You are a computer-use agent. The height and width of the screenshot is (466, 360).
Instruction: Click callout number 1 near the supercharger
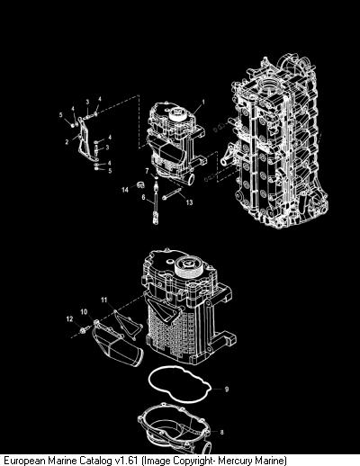tap(203, 102)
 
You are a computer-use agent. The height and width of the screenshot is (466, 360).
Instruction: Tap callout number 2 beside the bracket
tap(67, 141)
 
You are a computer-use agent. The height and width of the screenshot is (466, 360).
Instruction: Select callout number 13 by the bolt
tap(189, 202)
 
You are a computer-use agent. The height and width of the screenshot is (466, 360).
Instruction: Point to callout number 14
tap(125, 190)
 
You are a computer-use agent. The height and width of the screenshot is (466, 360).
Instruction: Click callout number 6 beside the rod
tap(143, 197)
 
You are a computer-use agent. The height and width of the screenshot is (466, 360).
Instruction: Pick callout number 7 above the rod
tap(147, 171)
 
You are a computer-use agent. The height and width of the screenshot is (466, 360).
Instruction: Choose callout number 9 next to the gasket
tap(227, 389)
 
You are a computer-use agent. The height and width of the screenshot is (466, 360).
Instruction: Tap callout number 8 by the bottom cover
tap(221, 432)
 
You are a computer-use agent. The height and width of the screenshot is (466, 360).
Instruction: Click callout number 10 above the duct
tap(84, 312)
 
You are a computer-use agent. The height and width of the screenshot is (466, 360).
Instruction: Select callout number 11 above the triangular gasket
tap(103, 300)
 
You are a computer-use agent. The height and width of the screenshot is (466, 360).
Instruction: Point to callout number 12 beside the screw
tap(69, 319)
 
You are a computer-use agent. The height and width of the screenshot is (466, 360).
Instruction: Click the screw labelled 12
tap(83, 330)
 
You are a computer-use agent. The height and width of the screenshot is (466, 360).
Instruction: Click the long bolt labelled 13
tap(172, 193)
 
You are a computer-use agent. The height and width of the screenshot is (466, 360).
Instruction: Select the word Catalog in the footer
tap(96, 460)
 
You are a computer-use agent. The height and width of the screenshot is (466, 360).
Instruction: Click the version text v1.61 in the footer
tap(127, 460)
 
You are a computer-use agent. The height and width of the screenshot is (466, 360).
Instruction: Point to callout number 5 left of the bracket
tap(61, 115)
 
